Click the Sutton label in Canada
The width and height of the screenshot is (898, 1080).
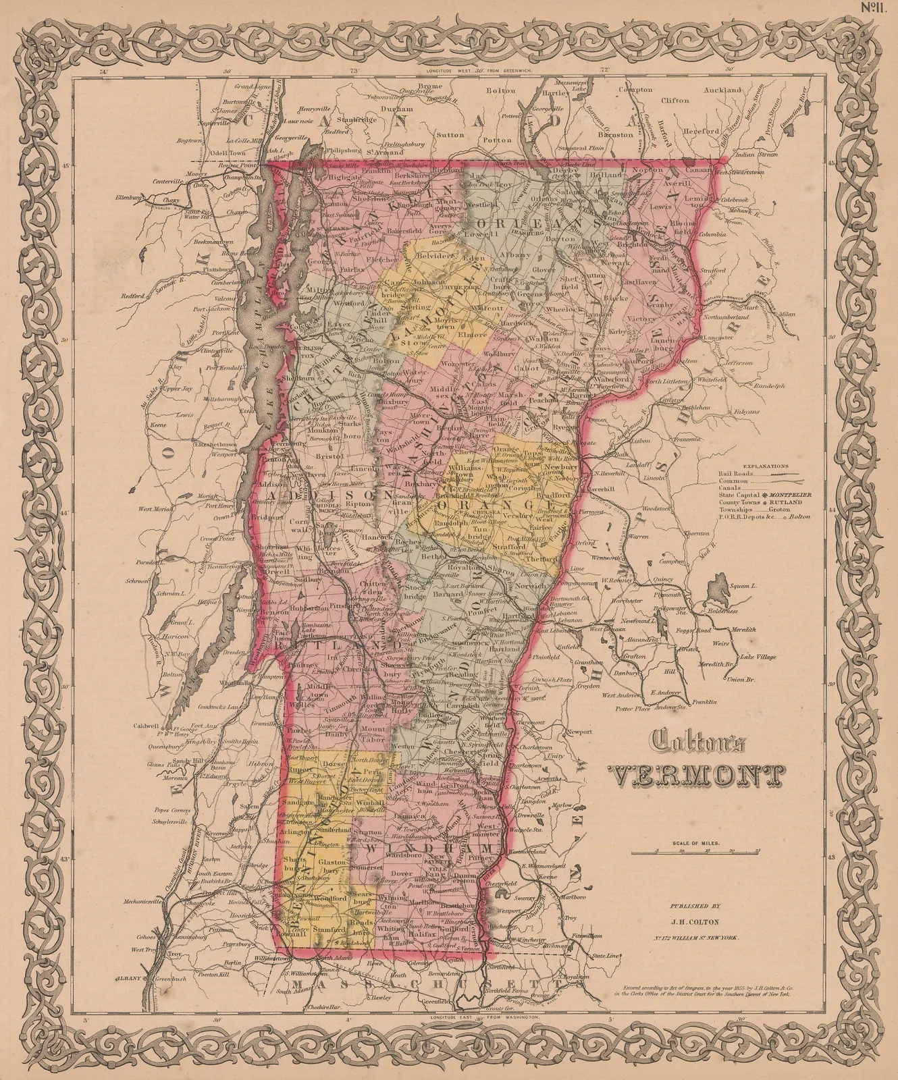tap(450, 134)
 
